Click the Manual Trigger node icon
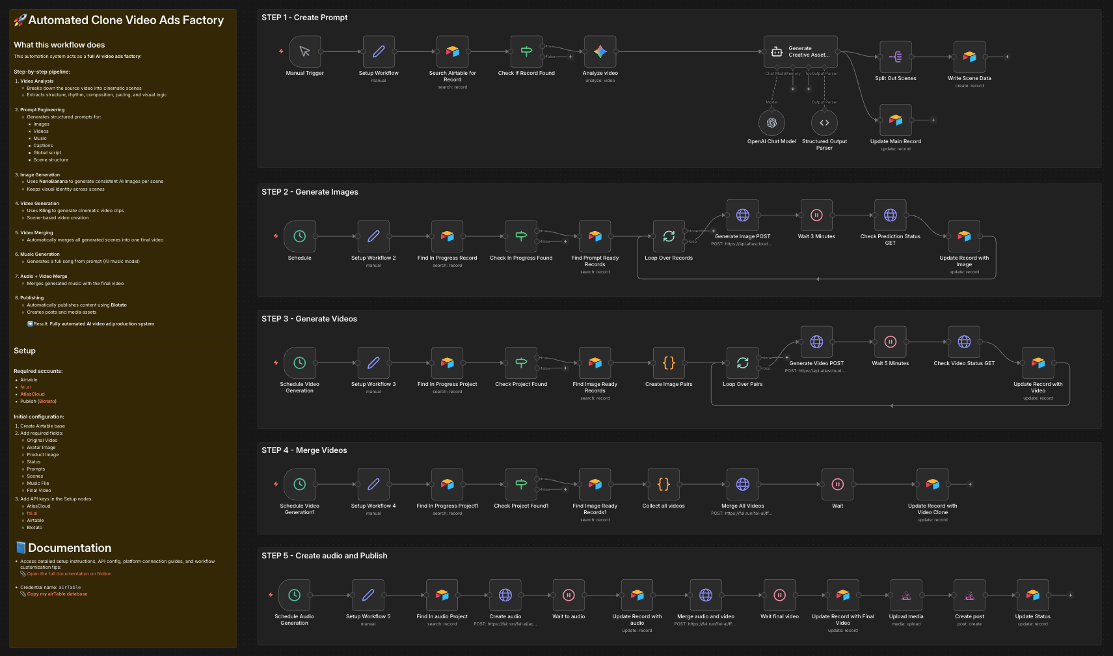pos(304,51)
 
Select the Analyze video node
pos(600,51)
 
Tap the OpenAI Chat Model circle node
pos(771,122)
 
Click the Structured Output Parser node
pos(824,122)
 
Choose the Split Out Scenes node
pos(895,57)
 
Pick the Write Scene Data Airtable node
pos(969,57)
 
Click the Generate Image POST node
pos(742,215)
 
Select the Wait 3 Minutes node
pos(816,215)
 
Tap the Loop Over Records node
pos(669,236)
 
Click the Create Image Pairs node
pos(669,363)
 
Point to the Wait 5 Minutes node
pos(891,342)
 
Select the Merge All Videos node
pos(742,484)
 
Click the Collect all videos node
pos(664,484)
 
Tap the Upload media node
pos(906,595)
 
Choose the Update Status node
pos(1032,595)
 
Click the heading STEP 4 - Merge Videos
pos(304,450)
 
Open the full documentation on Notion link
pos(69,574)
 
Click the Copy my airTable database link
pos(57,594)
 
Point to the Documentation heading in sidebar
pos(70,548)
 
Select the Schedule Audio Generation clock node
pos(294,595)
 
